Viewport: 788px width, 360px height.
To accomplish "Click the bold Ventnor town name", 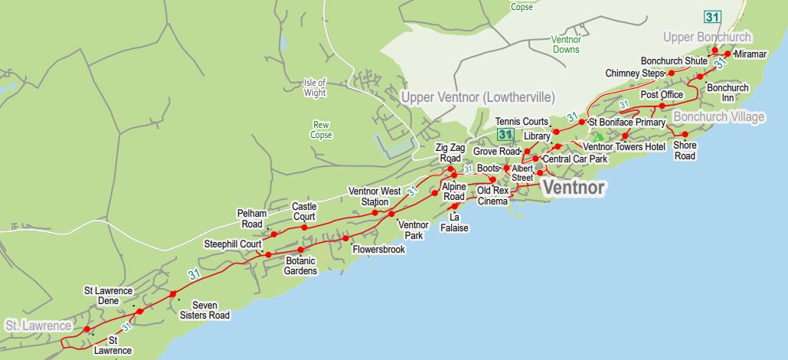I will click(574, 188).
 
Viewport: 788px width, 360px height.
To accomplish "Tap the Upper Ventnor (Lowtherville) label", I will click(477, 97).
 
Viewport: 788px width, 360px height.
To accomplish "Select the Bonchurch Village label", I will click(718, 116).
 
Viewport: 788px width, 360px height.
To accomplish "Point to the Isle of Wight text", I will click(315, 87).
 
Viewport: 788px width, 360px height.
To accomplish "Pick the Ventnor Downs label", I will click(566, 44).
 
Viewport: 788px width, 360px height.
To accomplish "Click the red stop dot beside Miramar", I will click(728, 54).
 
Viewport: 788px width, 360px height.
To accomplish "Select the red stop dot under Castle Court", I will click(304, 227).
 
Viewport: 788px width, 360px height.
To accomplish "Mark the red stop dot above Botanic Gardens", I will click(300, 250).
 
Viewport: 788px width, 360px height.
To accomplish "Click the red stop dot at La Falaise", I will click(454, 207).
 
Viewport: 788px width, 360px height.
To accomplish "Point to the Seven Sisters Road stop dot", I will click(173, 294).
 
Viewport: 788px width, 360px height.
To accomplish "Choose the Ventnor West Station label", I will click(374, 196).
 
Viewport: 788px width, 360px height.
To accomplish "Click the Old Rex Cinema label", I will click(492, 195).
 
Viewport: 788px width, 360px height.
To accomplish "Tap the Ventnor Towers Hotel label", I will click(624, 146).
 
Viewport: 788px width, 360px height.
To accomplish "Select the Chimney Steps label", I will click(634, 74).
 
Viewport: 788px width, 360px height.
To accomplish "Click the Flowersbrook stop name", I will click(378, 249).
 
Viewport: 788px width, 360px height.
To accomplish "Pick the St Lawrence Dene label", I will click(108, 296).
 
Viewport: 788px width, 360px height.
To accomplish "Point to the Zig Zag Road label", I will click(450, 152).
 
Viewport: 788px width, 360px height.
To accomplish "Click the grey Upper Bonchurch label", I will click(707, 38).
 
